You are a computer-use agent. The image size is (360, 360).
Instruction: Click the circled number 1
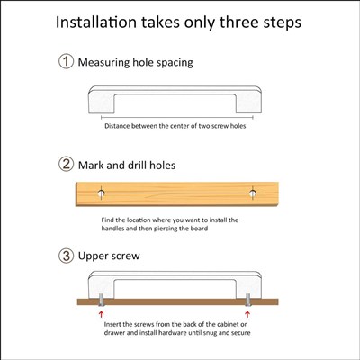click(x=66, y=61)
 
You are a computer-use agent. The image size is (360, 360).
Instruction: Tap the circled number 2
click(x=66, y=164)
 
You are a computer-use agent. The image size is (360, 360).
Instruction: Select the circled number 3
click(x=66, y=256)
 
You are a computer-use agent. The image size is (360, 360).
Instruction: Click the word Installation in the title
click(x=96, y=22)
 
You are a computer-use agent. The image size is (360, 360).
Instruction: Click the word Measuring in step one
click(x=103, y=63)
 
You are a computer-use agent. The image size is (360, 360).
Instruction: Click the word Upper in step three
click(x=93, y=256)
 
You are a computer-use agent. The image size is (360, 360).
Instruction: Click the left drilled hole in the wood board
click(x=101, y=193)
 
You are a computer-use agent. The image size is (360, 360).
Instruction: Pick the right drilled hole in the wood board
click(x=253, y=193)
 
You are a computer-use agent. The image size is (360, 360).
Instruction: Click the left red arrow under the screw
click(x=102, y=314)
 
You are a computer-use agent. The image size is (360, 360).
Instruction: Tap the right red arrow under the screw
click(x=247, y=314)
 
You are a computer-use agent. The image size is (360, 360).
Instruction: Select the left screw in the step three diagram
click(x=102, y=300)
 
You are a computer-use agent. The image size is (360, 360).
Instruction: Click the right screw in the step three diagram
click(x=247, y=300)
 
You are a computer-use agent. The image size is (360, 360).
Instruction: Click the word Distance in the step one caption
click(x=117, y=126)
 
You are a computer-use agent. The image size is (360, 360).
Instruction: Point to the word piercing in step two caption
click(x=166, y=229)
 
